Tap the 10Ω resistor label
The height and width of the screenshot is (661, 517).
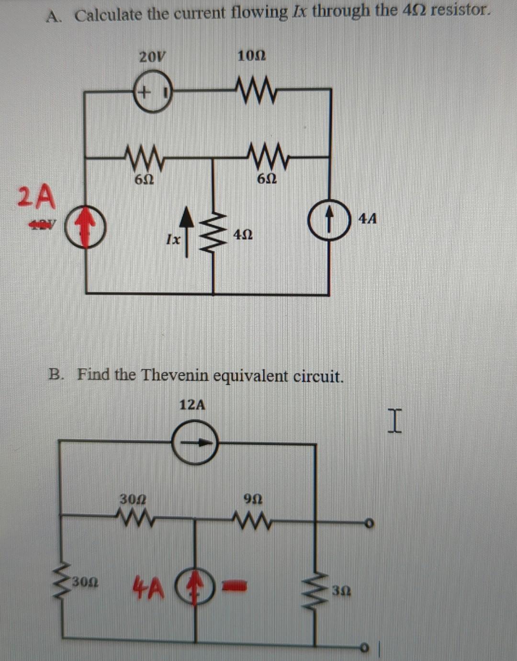click(252, 56)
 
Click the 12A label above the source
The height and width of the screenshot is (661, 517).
click(192, 405)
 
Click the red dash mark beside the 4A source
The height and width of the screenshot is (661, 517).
click(236, 584)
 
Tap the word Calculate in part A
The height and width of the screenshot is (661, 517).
click(109, 15)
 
